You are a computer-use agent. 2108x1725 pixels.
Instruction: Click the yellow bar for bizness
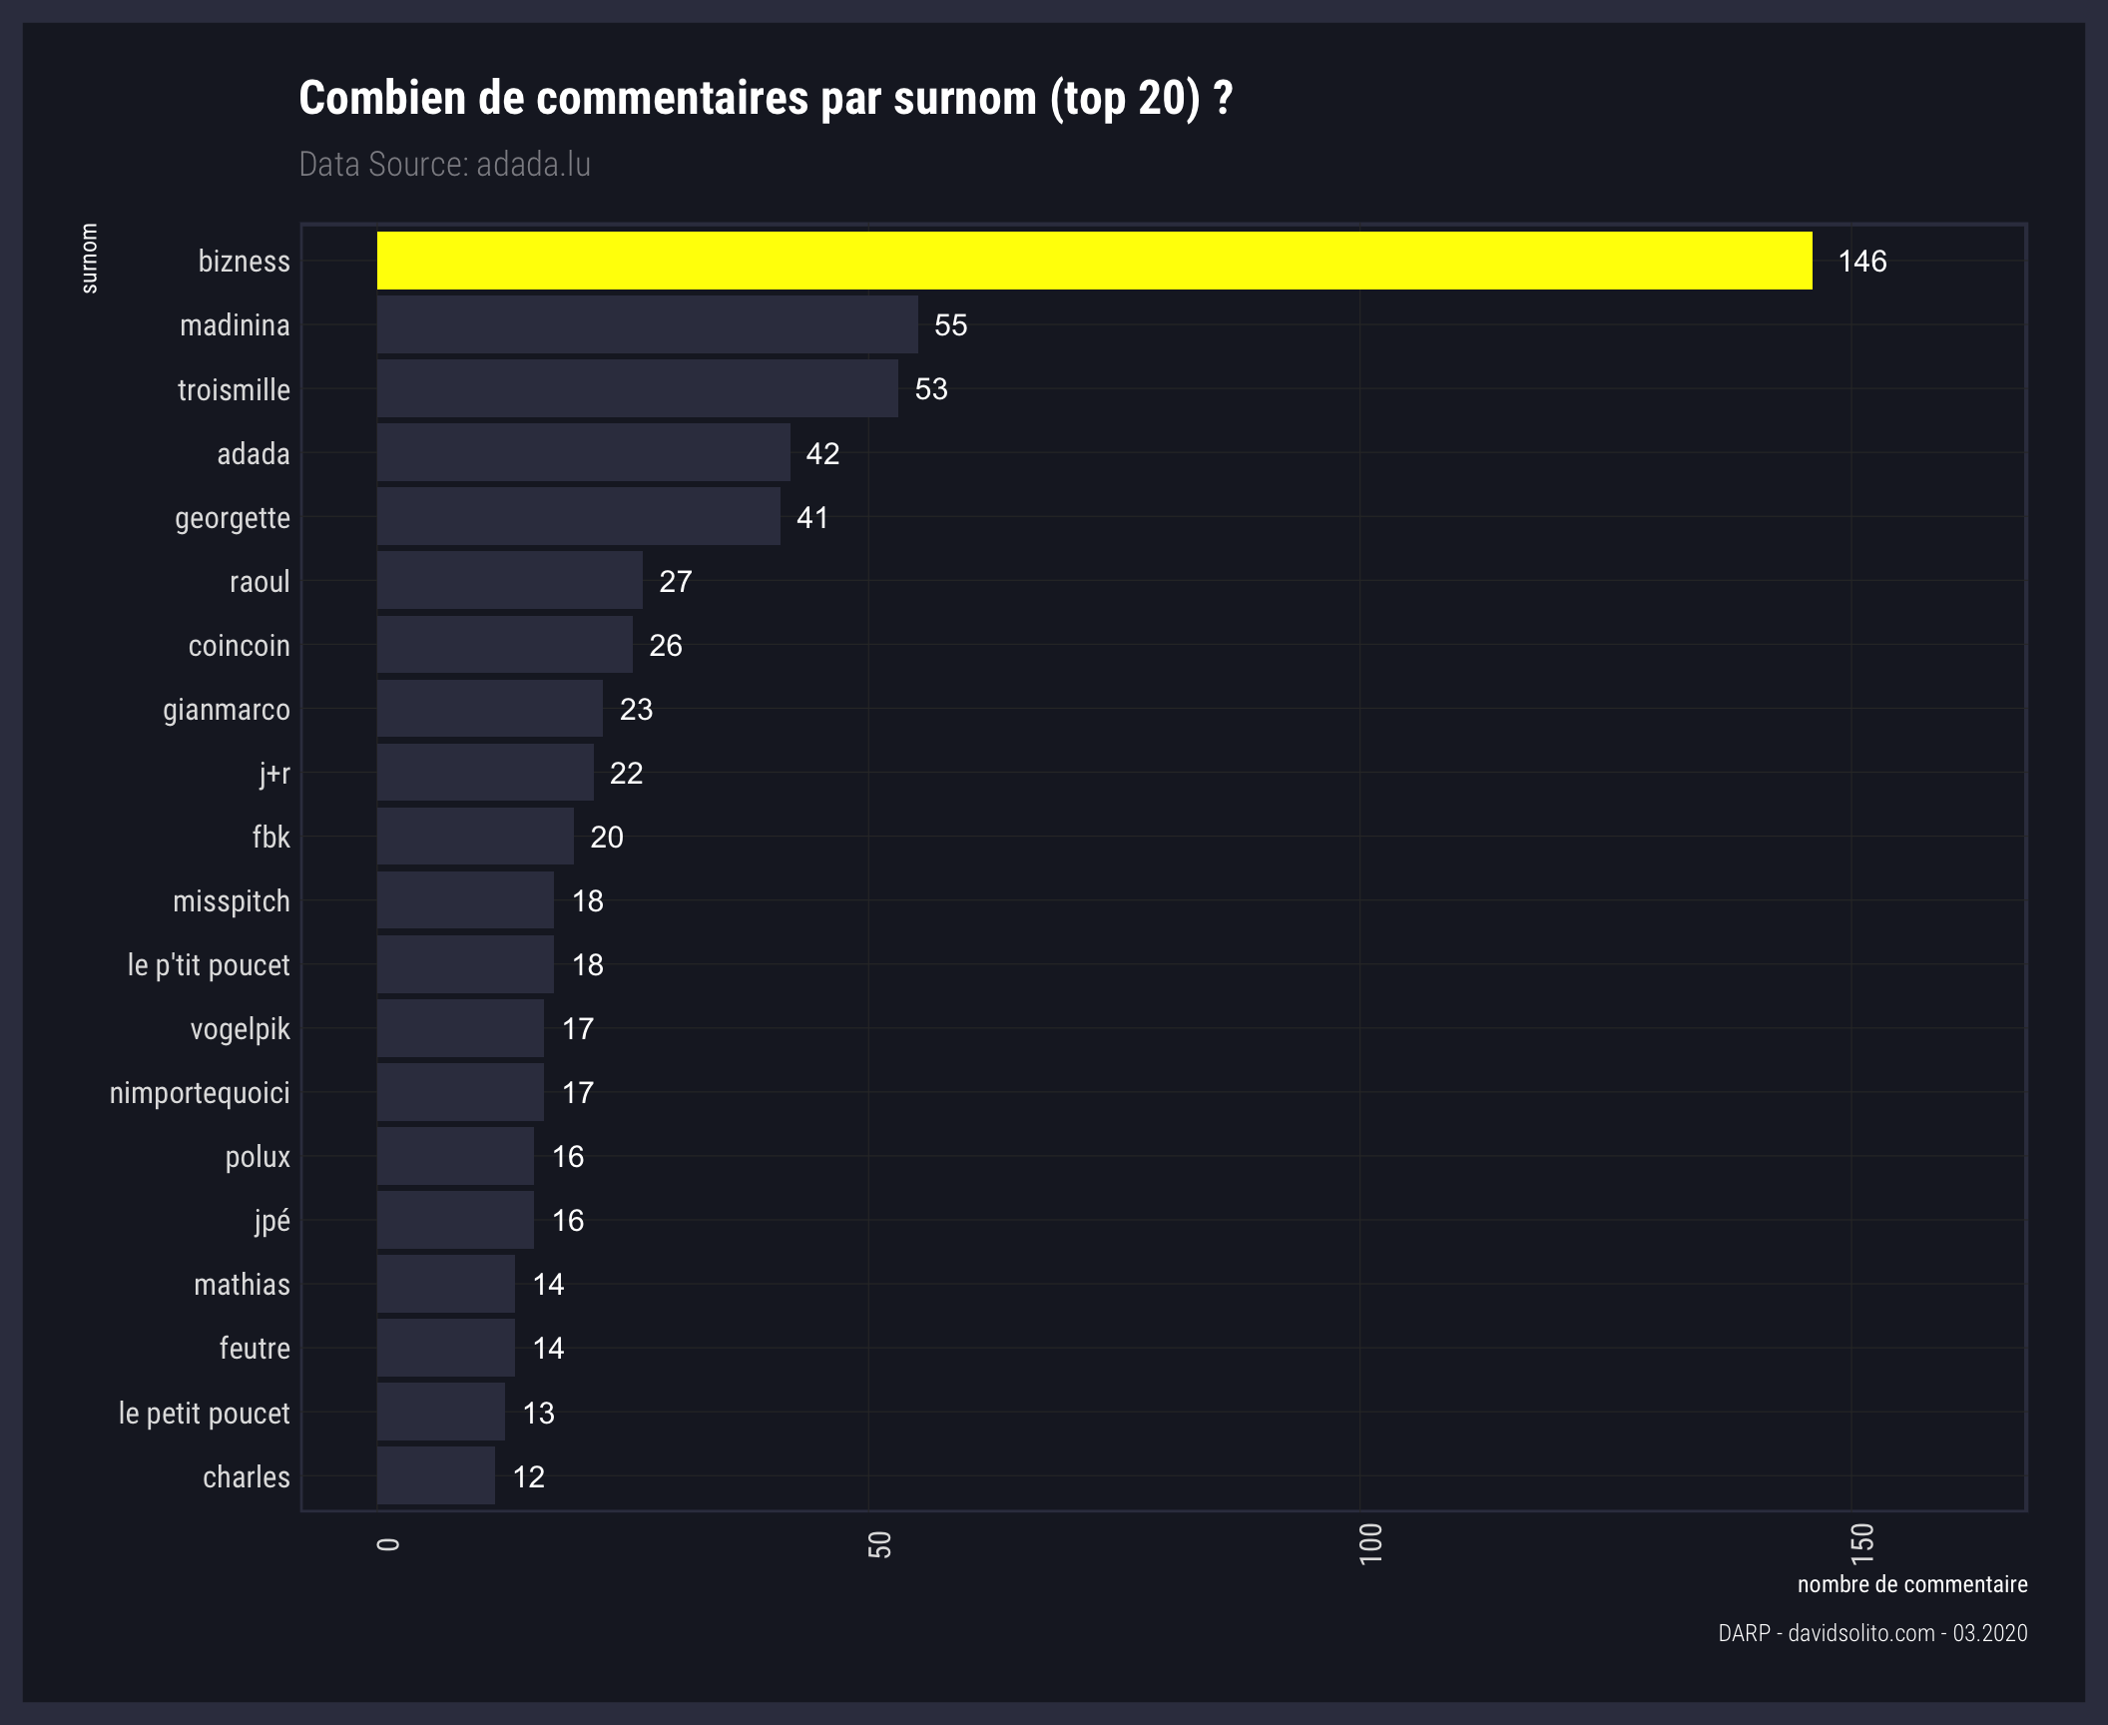[x=1094, y=262]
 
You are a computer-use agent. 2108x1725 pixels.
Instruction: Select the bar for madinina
[x=647, y=325]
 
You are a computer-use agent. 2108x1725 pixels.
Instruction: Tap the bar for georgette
[x=578, y=517]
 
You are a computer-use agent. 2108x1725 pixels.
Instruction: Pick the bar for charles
[x=435, y=1475]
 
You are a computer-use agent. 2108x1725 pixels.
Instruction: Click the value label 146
[x=1861, y=262]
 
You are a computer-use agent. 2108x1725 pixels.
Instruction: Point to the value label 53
[x=930, y=389]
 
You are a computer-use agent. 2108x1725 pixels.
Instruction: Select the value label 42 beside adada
[x=822, y=454]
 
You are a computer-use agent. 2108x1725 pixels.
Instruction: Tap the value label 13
[x=538, y=1413]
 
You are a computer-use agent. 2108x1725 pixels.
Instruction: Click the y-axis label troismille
[x=234, y=389]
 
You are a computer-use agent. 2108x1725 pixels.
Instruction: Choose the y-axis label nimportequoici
[x=200, y=1093]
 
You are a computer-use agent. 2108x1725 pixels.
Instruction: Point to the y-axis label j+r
[x=273, y=774]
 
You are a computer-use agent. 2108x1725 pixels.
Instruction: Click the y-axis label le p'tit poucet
[x=209, y=965]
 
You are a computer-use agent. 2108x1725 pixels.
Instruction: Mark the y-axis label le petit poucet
[x=204, y=1413]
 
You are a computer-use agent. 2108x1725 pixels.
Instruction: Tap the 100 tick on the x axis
[x=1370, y=1543]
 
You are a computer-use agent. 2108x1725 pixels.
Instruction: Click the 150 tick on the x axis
[x=1861, y=1543]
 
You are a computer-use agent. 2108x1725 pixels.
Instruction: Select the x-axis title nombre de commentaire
[x=1911, y=1584]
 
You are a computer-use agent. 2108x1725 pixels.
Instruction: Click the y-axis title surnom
[x=89, y=259]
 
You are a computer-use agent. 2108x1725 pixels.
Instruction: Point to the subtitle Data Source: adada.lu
[x=444, y=165]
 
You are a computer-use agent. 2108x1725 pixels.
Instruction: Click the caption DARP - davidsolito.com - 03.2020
[x=1872, y=1633]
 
